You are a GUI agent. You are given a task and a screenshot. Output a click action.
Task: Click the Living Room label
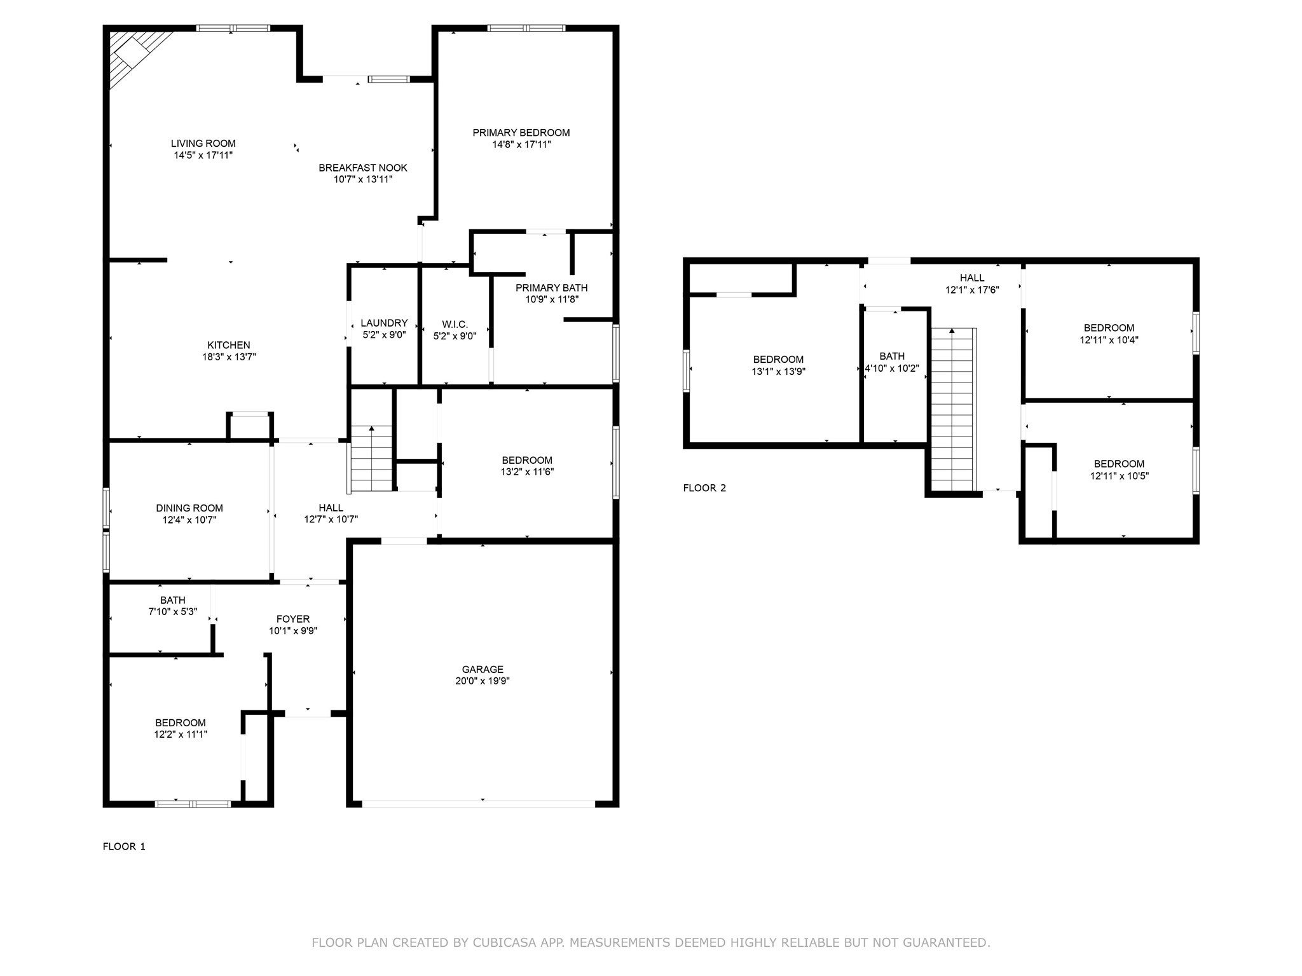(203, 144)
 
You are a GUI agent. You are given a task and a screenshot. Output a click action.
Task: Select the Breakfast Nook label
(362, 168)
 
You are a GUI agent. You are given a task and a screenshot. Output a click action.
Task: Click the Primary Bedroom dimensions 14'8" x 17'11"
(521, 145)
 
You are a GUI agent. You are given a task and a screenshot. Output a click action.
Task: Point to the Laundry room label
(383, 323)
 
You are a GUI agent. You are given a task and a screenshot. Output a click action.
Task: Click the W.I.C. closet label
(455, 324)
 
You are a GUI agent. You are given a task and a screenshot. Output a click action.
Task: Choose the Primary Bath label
(551, 288)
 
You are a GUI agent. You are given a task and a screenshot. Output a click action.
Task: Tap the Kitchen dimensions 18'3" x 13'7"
(229, 357)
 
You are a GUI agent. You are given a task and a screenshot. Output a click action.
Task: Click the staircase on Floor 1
(371, 459)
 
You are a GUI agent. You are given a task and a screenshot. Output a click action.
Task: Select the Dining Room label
(189, 508)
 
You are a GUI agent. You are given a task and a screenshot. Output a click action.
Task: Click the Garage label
(483, 669)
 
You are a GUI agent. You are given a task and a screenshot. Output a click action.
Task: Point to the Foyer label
(293, 619)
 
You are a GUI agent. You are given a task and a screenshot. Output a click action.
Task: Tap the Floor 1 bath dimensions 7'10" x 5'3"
(172, 612)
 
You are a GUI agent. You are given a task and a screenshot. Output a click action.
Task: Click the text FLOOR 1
(124, 846)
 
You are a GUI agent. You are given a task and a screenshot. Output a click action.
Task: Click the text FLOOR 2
(704, 488)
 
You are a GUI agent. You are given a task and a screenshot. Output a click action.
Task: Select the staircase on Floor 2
(952, 410)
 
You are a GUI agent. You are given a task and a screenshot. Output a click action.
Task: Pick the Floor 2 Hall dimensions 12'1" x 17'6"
(972, 290)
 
